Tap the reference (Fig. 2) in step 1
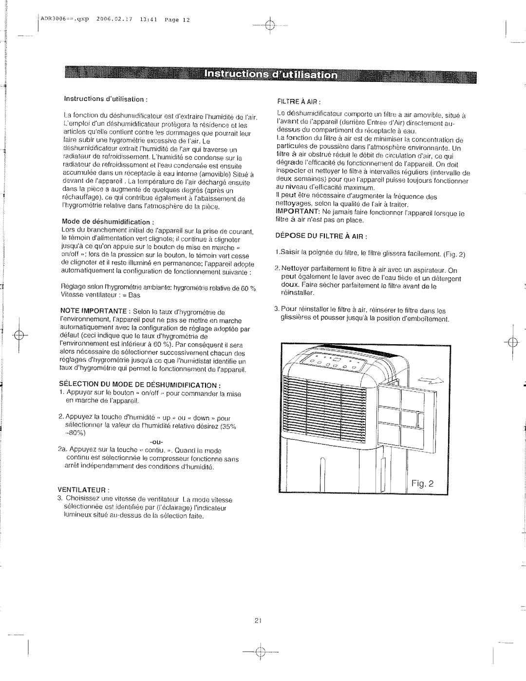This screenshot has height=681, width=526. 455,254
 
